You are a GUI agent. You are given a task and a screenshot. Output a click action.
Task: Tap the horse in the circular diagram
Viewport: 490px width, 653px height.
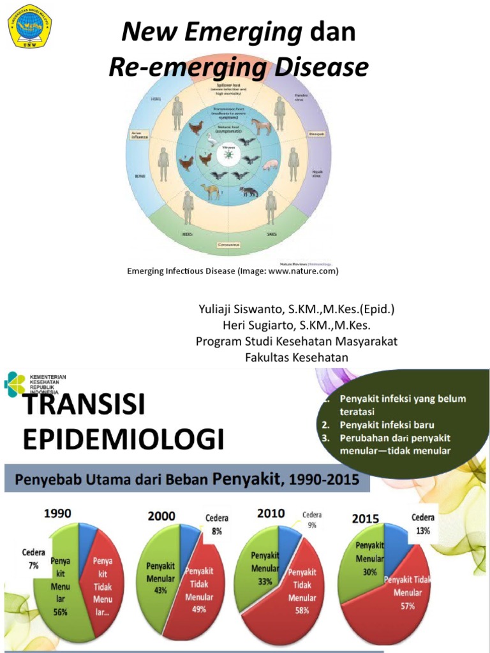[260, 126]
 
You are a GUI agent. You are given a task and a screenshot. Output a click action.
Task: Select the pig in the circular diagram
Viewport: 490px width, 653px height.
[271, 165]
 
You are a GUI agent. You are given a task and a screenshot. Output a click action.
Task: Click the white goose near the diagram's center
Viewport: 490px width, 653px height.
[211, 140]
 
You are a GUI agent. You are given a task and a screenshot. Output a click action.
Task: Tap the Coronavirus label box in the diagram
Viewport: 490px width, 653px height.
[229, 244]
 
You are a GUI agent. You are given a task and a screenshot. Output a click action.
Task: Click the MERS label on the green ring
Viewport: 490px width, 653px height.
[188, 235]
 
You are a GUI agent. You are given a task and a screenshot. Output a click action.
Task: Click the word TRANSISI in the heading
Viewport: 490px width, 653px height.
[84, 405]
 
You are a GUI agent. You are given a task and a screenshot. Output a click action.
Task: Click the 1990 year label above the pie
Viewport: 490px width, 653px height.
[57, 512]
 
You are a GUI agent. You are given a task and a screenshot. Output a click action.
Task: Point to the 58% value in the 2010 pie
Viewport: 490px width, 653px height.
[302, 610]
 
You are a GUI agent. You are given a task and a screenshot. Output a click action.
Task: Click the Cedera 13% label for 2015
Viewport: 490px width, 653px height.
[422, 523]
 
